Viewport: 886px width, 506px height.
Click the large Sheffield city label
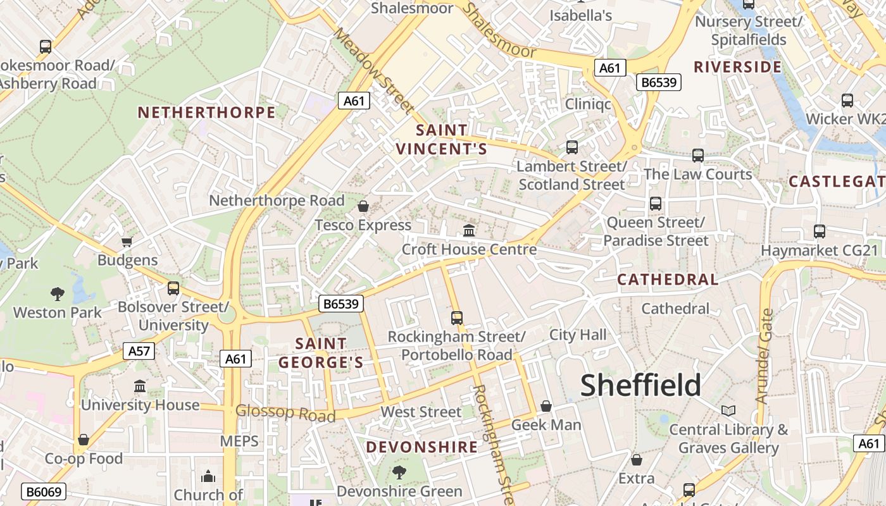[x=640, y=385]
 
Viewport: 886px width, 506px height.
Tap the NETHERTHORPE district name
[x=207, y=113]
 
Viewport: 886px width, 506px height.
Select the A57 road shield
[x=141, y=351]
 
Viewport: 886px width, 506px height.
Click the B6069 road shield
[x=44, y=491]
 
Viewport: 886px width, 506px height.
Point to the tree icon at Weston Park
[x=58, y=293]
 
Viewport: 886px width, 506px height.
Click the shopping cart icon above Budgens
[x=127, y=242]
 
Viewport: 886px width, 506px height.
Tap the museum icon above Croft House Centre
[x=469, y=230]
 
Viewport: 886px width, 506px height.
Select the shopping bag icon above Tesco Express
[x=363, y=206]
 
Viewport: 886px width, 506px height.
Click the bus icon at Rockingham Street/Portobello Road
[x=456, y=318]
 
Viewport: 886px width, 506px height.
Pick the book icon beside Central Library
[x=728, y=411]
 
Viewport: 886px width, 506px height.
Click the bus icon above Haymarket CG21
[x=820, y=231]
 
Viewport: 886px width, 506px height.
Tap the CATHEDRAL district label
[x=668, y=280]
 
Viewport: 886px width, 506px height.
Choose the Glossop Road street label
[x=285, y=413]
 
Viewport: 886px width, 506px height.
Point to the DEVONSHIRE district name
[x=422, y=447]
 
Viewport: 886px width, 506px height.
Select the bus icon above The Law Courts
[x=698, y=155]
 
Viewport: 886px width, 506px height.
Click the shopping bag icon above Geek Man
[x=546, y=406]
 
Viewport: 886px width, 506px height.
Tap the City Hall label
[x=577, y=335]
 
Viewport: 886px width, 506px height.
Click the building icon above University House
[x=140, y=386]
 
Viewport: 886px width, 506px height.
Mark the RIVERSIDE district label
[x=737, y=67]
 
